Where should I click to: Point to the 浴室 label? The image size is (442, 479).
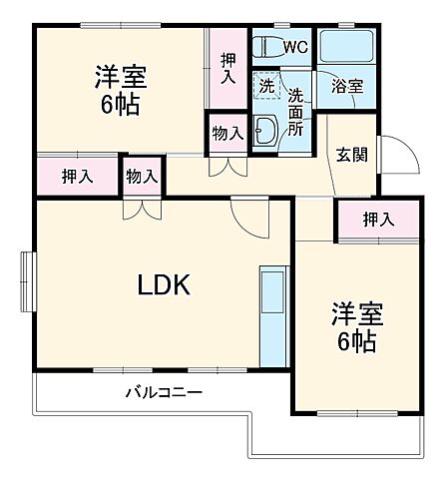coord(345,87)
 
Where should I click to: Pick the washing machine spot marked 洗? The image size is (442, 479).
coord(264,86)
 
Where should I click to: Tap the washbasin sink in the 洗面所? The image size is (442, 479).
coord(266,129)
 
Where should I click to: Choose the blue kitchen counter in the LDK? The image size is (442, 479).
coord(272,317)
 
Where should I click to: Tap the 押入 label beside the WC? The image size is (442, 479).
coord(227,67)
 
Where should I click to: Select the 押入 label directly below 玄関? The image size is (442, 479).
coord(376,219)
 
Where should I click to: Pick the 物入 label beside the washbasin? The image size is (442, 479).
coord(227,134)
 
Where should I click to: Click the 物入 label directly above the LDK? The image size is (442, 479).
coord(142,177)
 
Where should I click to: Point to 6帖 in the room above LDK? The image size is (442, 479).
coord(119,105)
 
